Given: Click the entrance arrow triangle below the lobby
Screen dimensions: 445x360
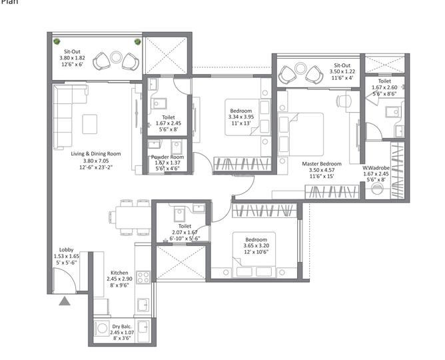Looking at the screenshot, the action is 65,301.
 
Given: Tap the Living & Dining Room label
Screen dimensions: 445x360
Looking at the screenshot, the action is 96,154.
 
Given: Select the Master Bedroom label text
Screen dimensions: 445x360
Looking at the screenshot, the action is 322,164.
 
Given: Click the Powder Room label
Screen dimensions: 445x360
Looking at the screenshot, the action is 167,157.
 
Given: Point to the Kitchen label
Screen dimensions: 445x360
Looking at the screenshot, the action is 119,273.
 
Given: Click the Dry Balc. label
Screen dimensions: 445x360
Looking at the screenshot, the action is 122,327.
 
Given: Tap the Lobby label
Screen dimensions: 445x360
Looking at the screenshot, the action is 67,250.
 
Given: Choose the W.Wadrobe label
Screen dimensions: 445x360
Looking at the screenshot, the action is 376,168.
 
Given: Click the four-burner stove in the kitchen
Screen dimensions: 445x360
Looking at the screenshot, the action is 143,277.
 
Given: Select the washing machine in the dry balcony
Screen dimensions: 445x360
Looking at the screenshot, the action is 102,328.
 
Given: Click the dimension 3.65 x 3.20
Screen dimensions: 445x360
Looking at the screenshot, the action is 256,246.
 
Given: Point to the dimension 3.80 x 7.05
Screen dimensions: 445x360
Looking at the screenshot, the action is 96,161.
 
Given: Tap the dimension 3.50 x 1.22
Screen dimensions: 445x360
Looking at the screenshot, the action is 342,71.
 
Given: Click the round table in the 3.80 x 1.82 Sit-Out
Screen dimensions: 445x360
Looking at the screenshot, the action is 116,57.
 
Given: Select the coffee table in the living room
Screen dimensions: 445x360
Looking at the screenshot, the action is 90,124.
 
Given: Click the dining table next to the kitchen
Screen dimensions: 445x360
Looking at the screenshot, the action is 133,217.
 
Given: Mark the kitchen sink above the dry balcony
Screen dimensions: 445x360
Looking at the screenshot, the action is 143,305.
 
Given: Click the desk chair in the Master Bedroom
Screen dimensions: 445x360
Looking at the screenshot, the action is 344,101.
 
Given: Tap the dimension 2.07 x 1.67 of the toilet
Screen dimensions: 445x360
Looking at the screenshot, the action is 185,232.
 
